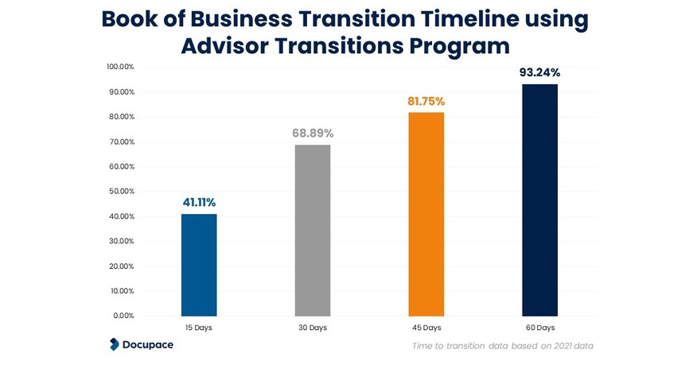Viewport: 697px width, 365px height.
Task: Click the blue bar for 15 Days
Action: point(199,265)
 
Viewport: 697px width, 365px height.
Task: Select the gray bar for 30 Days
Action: point(313,231)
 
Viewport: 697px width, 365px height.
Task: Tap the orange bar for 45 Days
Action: point(426,214)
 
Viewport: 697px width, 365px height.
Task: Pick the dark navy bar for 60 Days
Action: point(539,200)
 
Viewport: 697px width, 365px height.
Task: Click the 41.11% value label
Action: point(199,202)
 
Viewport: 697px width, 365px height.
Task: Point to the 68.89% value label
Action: point(313,133)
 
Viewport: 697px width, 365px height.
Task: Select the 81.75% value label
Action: point(426,101)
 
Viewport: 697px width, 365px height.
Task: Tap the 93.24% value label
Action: point(539,72)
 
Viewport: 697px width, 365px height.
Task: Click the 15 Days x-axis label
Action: point(199,328)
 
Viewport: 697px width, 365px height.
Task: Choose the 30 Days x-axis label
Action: point(313,328)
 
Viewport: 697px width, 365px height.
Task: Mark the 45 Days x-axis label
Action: point(426,328)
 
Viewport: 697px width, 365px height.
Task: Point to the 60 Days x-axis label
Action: point(539,328)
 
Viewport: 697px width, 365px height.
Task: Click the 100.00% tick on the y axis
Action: point(120,67)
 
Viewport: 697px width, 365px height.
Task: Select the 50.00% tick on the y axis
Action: point(122,192)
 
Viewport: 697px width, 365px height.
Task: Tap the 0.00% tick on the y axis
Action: point(123,316)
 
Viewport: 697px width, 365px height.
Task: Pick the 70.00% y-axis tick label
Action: point(122,142)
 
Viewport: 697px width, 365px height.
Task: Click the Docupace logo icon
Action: point(115,344)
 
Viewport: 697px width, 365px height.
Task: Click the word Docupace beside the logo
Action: point(149,344)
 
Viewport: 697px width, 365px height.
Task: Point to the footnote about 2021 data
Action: point(502,346)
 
